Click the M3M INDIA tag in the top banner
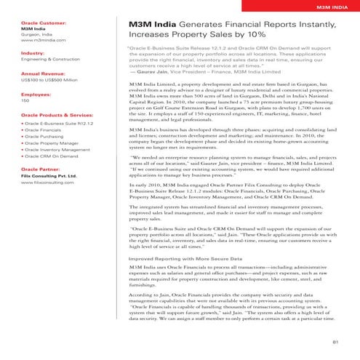328,8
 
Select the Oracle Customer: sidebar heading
44,23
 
